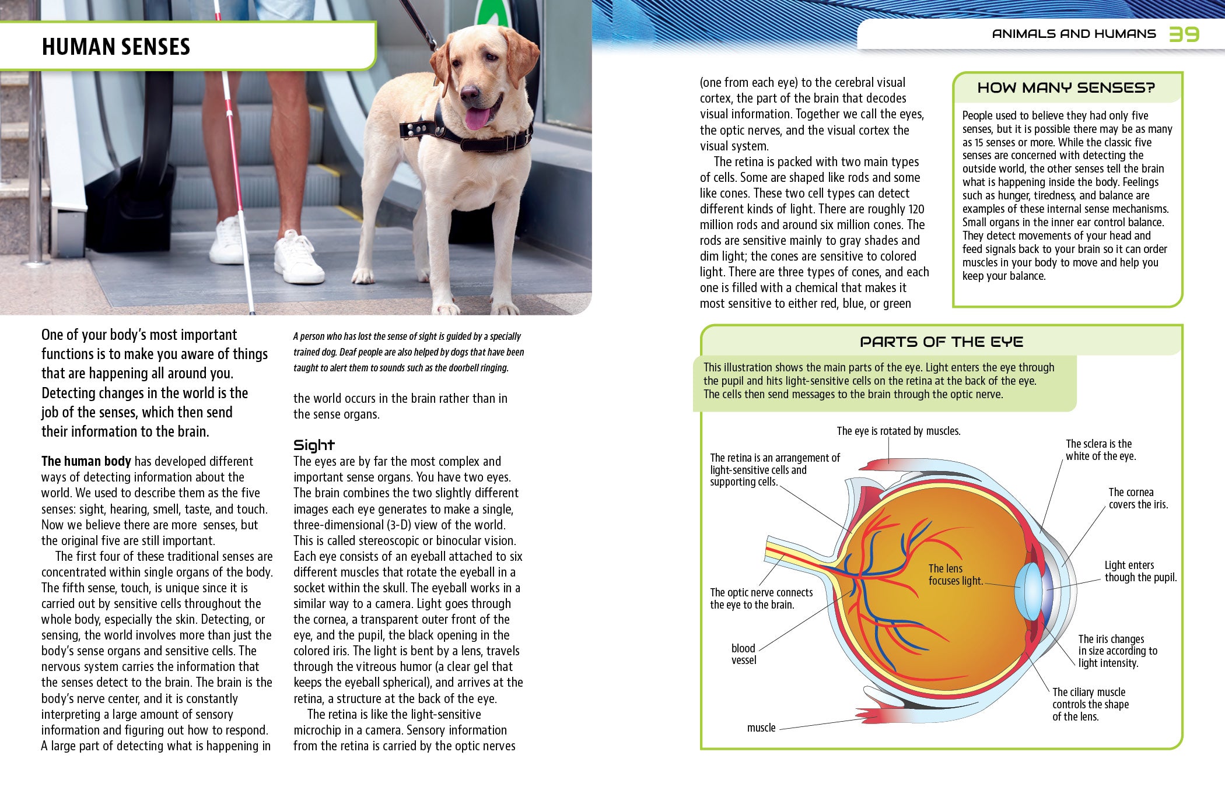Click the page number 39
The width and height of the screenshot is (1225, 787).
(1184, 34)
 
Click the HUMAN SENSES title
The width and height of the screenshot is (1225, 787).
(116, 47)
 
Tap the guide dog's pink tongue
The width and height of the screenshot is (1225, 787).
(477, 118)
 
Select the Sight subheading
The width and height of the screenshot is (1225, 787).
(314, 445)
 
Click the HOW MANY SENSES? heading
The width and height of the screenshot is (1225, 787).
(1066, 88)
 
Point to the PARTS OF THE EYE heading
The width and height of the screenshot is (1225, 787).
(941, 342)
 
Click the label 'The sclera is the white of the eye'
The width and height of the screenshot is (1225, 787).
(1100, 450)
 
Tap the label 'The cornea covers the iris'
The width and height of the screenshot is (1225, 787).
(1137, 498)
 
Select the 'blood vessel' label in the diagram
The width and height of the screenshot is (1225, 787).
(743, 654)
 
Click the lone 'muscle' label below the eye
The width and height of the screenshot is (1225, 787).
(761, 728)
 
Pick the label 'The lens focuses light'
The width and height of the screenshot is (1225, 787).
(955, 574)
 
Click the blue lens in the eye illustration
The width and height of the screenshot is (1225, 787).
(1029, 590)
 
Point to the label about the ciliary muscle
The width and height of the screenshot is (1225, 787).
(1090, 704)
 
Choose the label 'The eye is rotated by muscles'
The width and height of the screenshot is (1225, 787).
(898, 431)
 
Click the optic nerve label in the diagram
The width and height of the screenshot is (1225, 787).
(761, 598)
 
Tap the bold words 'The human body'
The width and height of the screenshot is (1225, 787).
(86, 461)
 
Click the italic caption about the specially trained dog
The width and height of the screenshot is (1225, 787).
(408, 352)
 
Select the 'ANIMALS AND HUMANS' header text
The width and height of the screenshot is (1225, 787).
(1073, 34)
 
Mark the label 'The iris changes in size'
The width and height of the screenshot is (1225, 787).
(1117, 651)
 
